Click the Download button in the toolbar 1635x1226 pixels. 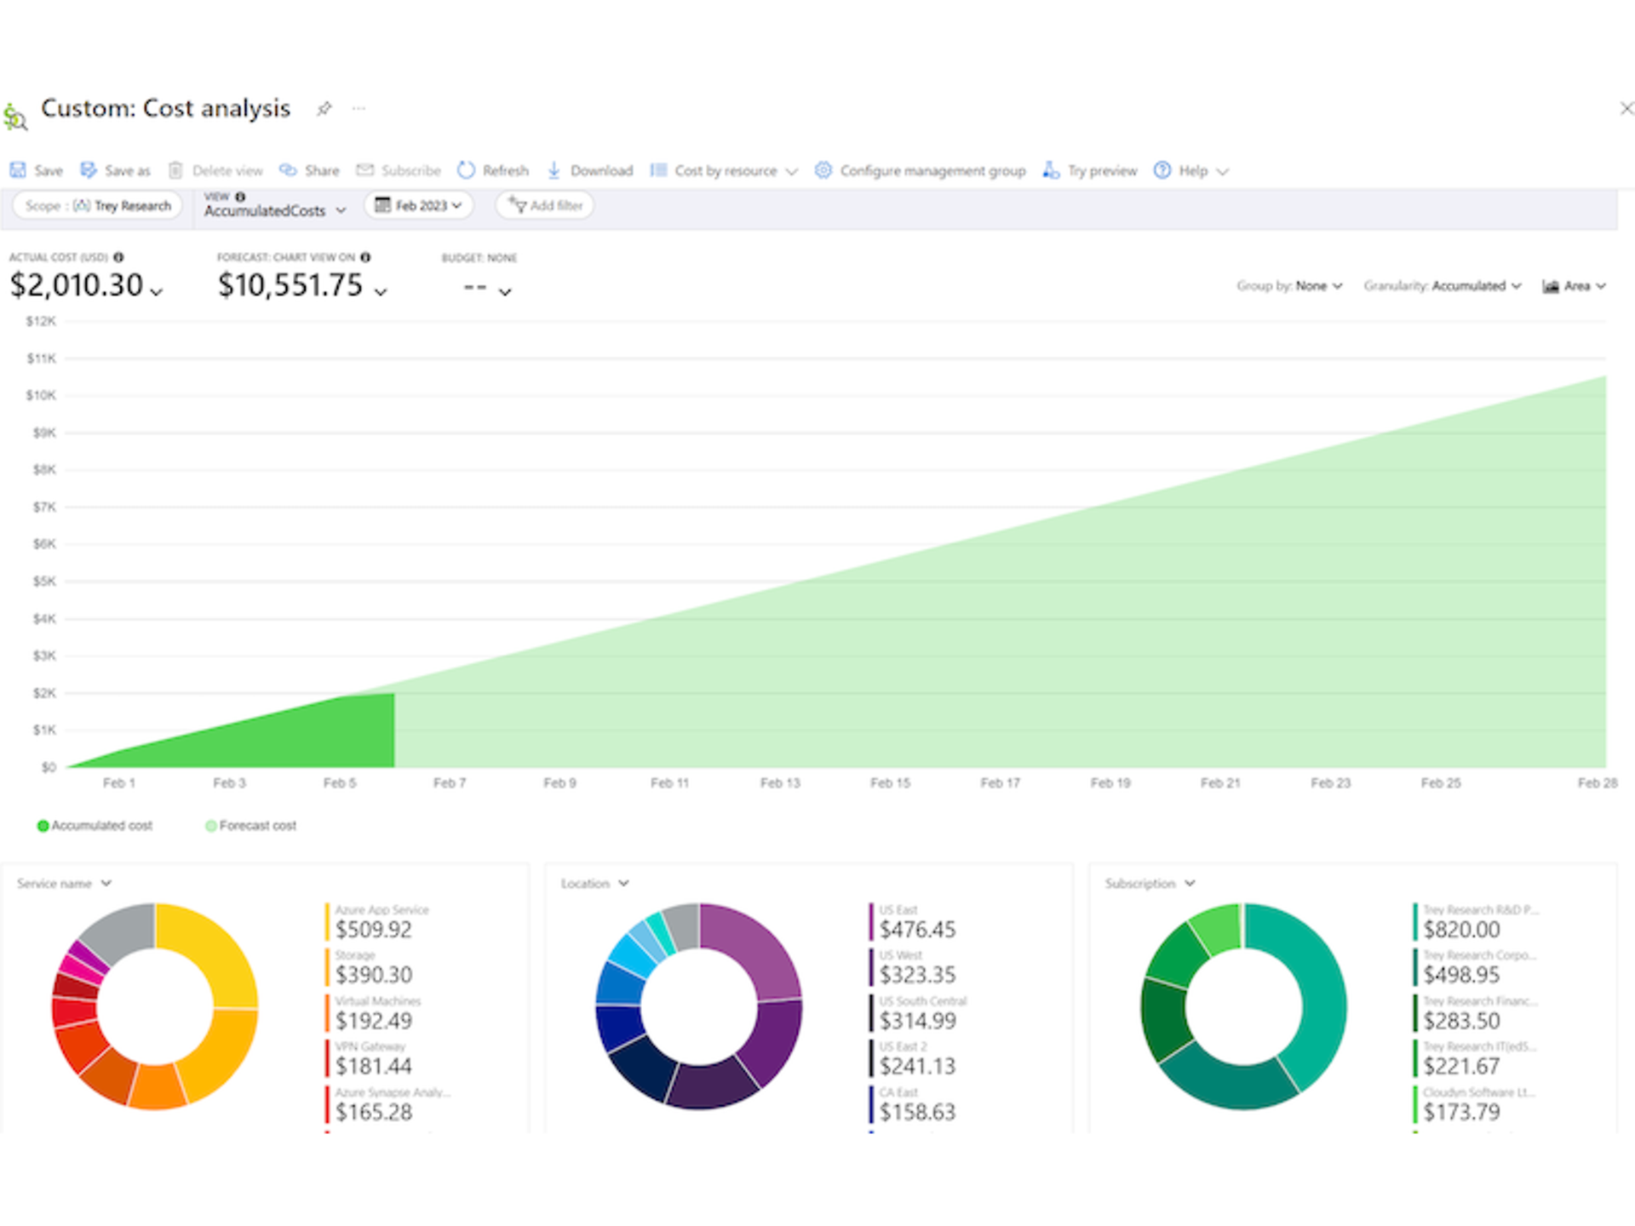[590, 170]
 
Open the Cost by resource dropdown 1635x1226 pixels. [725, 170]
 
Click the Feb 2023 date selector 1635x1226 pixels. [419, 205]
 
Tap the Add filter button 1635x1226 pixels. [545, 205]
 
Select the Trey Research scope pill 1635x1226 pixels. [98, 205]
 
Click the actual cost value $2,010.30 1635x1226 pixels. [77, 285]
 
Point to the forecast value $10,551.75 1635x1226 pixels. [290, 285]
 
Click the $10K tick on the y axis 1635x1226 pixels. [41, 395]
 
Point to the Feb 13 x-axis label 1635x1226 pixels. [780, 782]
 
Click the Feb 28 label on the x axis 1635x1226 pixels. [1596, 782]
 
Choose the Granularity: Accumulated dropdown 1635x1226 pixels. [1442, 286]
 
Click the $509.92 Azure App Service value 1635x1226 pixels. [373, 929]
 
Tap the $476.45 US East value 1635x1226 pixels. [917, 929]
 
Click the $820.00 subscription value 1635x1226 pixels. [1461, 929]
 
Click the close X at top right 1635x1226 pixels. [1626, 108]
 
